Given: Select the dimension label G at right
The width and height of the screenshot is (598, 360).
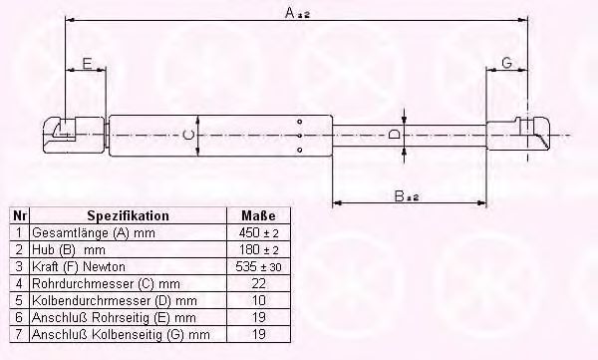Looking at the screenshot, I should (x=506, y=63).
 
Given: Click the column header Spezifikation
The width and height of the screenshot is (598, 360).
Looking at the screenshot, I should (x=128, y=215).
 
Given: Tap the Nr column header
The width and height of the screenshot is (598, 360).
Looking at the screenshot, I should (x=18, y=215).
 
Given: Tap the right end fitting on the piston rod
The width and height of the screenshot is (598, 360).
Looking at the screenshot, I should (x=518, y=134).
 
